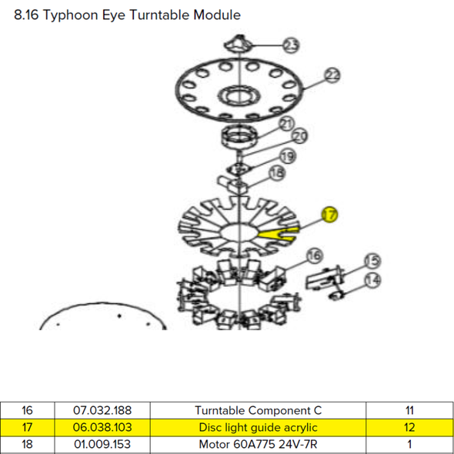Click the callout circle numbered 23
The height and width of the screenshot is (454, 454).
point(291,45)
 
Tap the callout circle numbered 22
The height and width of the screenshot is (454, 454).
point(332,75)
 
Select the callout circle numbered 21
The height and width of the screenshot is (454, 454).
point(287,124)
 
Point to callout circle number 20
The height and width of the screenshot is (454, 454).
point(299,135)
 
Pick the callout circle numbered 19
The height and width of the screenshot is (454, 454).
point(288,157)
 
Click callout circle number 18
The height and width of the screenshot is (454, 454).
point(277,173)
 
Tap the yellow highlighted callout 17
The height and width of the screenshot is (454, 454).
point(330,215)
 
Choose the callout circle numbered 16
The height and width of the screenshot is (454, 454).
point(315,255)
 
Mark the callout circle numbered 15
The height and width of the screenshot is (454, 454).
point(372,261)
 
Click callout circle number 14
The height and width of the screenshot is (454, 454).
point(372,280)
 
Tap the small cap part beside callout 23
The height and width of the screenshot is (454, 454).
point(238,43)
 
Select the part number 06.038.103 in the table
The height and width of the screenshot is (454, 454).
point(102,427)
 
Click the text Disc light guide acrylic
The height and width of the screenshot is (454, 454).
point(258,428)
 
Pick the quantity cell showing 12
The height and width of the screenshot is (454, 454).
point(409,427)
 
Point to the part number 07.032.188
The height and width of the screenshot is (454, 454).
point(102,410)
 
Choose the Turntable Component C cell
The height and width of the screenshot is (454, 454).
point(258,411)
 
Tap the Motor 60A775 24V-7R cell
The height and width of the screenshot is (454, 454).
point(258,445)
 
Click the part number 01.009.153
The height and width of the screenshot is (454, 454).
point(102,445)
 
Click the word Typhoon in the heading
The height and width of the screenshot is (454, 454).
point(71,15)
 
